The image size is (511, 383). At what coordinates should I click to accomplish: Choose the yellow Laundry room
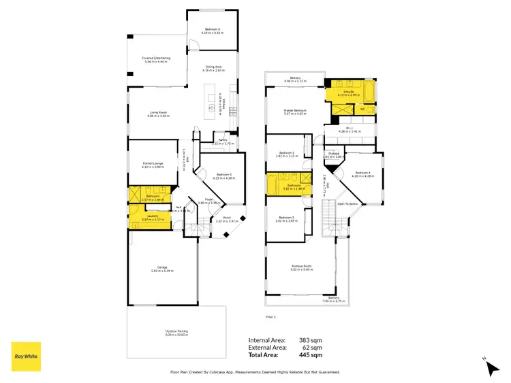coord(149,221)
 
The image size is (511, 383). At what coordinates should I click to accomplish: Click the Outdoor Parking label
coord(176,332)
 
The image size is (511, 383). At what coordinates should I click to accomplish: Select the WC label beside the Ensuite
coord(362,108)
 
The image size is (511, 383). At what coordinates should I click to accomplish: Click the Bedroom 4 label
coord(362,173)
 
